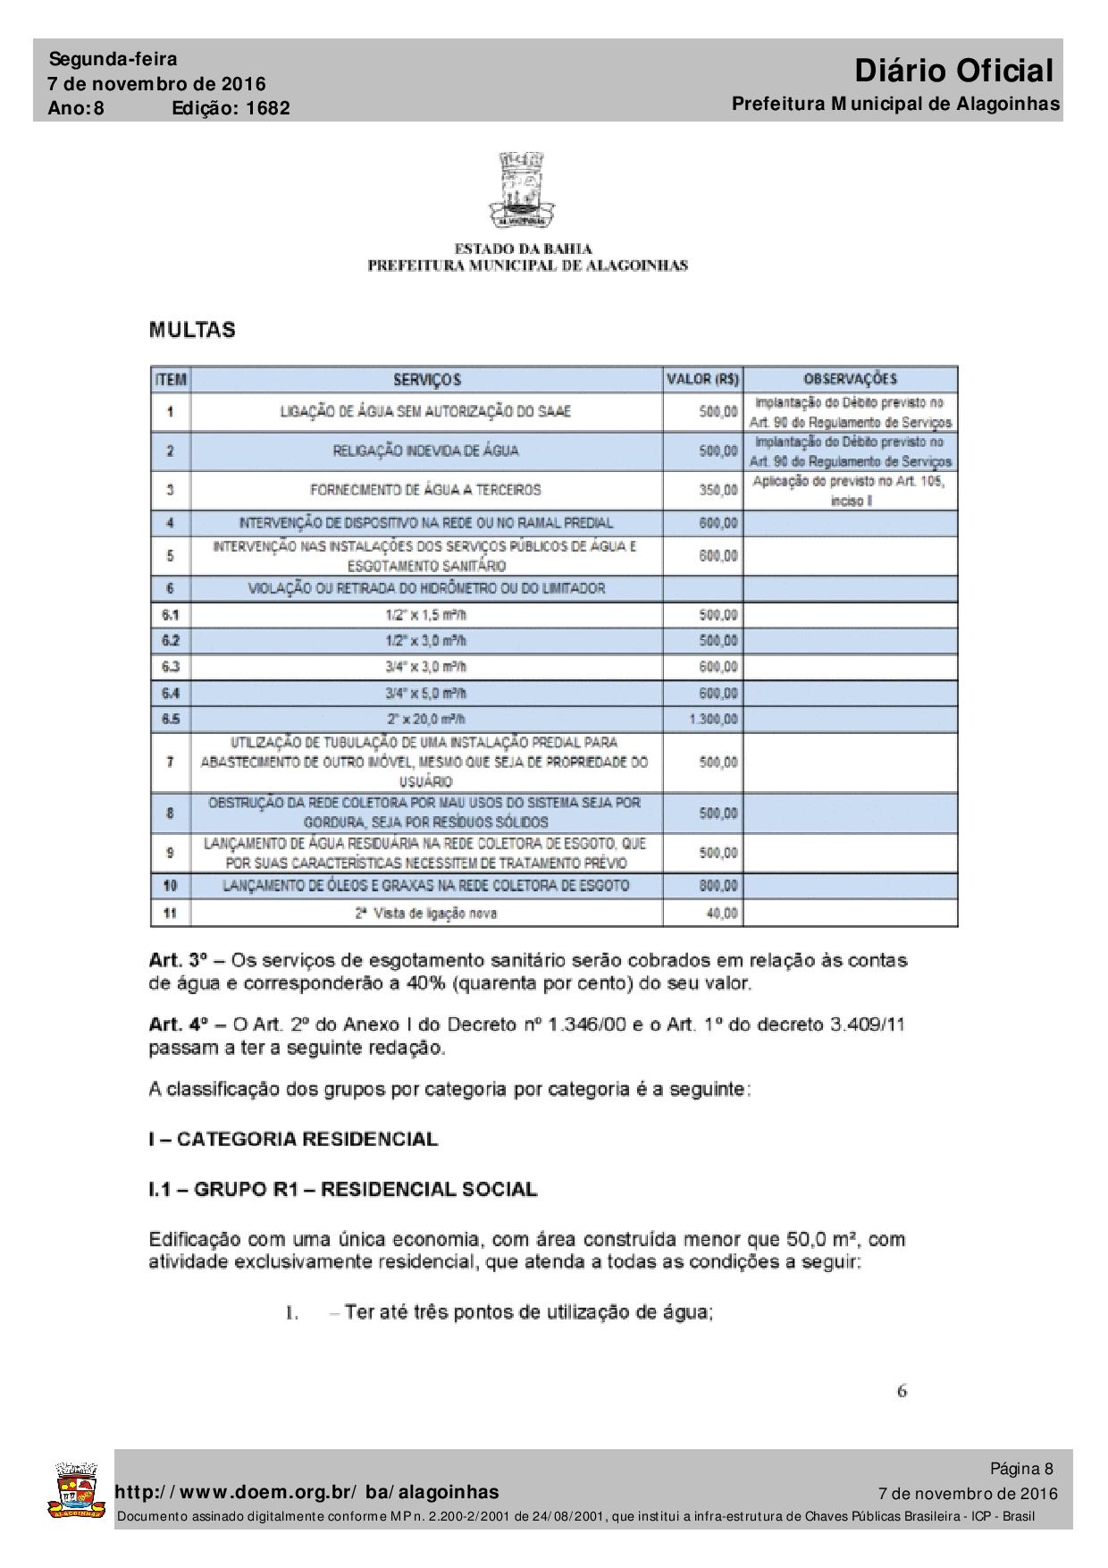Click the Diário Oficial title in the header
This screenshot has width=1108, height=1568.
pyautogui.click(x=953, y=71)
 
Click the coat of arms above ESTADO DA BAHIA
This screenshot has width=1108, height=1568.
pyautogui.click(x=522, y=189)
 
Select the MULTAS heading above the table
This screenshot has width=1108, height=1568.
pyautogui.click(x=192, y=330)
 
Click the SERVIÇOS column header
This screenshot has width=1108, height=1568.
pyautogui.click(x=427, y=379)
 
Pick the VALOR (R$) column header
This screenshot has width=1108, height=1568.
pyautogui.click(x=702, y=379)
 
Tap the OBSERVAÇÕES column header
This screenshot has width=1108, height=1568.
pyautogui.click(x=850, y=379)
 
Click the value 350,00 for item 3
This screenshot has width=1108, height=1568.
pyautogui.click(x=718, y=490)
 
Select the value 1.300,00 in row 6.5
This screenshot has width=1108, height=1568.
pyautogui.click(x=713, y=719)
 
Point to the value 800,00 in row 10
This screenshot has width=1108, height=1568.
pyautogui.click(x=718, y=886)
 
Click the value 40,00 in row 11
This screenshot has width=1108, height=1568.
pyautogui.click(x=722, y=913)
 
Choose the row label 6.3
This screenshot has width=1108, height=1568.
pyautogui.click(x=171, y=666)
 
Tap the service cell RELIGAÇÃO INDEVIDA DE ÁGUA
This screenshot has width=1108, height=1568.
pyautogui.click(x=425, y=451)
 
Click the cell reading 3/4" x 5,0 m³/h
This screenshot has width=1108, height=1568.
pyautogui.click(x=425, y=693)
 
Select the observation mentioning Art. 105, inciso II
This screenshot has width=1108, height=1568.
pyautogui.click(x=849, y=490)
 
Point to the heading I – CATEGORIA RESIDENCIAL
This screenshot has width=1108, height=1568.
pyautogui.click(x=293, y=1140)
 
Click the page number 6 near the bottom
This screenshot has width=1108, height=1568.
pyautogui.click(x=902, y=1391)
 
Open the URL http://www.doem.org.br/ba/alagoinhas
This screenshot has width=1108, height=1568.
pyautogui.click(x=307, y=1492)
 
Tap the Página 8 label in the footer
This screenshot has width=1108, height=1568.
pyautogui.click(x=1021, y=1469)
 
